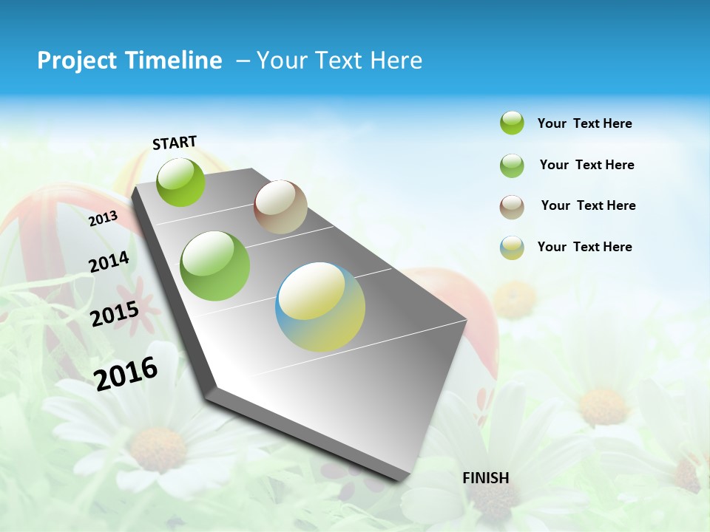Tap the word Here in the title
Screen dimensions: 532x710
pos(396,61)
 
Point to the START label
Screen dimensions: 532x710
pos(175,143)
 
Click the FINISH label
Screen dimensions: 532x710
pos(485,478)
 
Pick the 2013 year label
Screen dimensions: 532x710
pos(104,218)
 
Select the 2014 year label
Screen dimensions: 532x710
pos(109,262)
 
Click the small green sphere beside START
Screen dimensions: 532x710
pos(181,182)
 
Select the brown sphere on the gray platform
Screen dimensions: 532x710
pos(280,207)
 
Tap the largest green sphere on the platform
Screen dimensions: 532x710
pos(215,266)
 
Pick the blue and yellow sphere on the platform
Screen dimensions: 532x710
pos(320,307)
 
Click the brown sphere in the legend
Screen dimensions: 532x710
pos(512,207)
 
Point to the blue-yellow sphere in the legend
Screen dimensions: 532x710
pos(512,248)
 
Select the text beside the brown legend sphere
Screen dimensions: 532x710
pos(588,205)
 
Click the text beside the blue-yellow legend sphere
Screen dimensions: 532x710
pos(584,247)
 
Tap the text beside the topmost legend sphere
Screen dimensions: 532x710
pos(584,124)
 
